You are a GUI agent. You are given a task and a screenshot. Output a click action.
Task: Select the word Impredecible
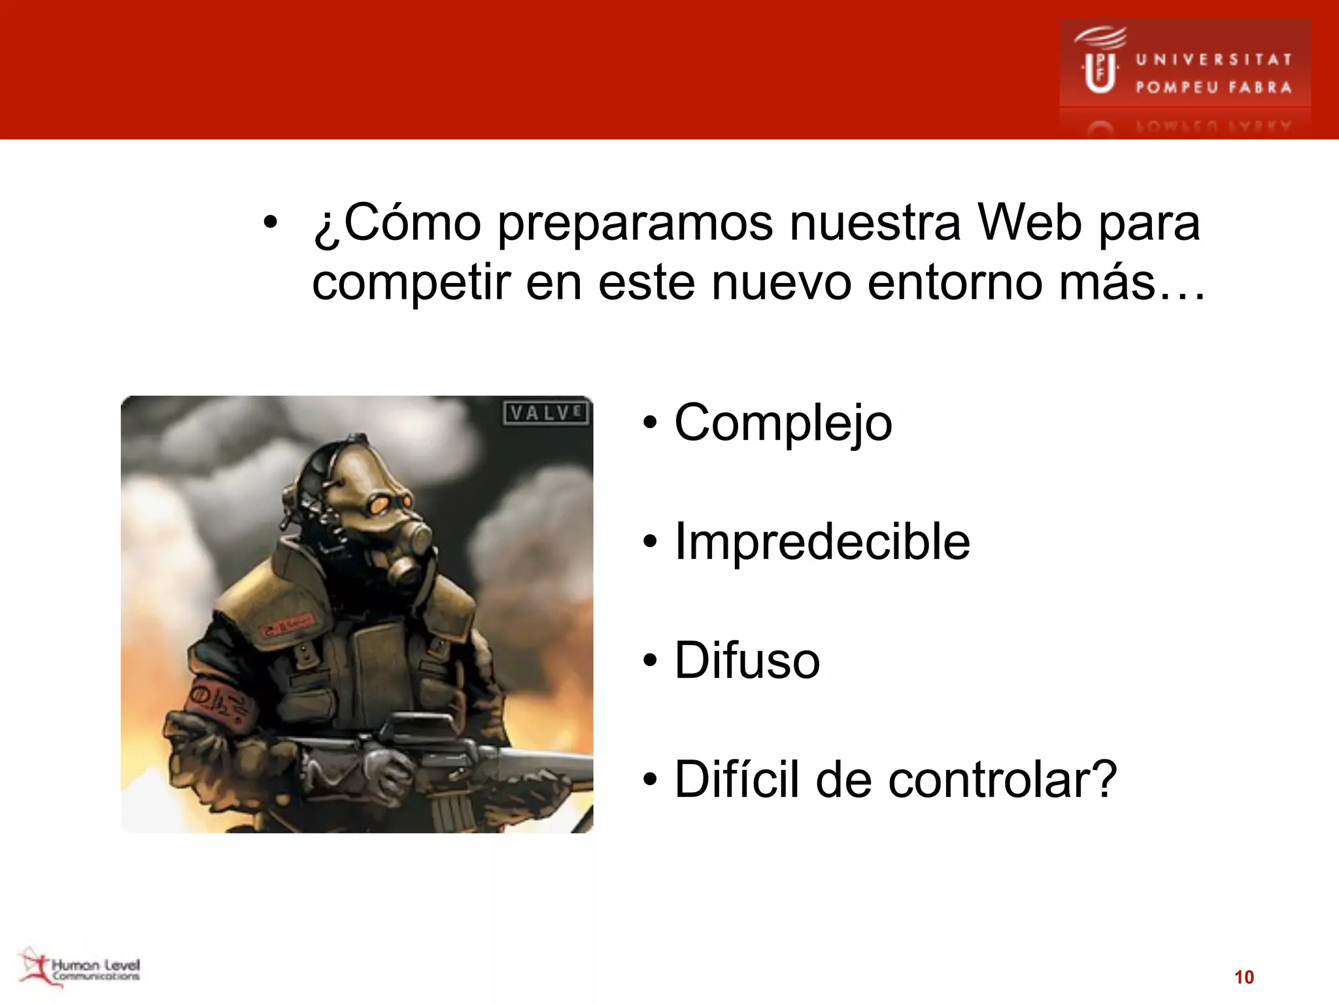tap(822, 543)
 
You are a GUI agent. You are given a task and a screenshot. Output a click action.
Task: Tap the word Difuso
tap(747, 661)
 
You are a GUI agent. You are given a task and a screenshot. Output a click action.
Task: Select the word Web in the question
tap(1029, 224)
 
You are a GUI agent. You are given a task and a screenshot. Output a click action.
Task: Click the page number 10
tap(1244, 977)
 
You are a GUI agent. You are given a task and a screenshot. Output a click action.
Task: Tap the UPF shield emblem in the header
tap(1100, 72)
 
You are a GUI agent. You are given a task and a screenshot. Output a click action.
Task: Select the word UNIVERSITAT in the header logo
tap(1213, 59)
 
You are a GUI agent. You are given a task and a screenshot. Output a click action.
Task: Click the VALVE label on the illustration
tap(547, 413)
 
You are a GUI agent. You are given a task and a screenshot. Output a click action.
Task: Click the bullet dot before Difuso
tap(649, 661)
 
